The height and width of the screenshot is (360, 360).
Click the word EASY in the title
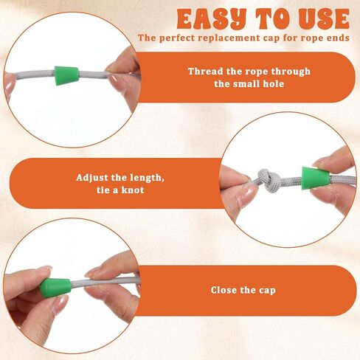212,19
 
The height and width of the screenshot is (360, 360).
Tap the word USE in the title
324,19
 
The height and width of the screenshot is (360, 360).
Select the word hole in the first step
274,84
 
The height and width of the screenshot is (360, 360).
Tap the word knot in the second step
133,190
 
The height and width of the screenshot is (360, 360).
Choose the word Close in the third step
224,290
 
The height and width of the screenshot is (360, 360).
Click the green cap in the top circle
66,75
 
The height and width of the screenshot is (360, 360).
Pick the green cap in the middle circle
315,179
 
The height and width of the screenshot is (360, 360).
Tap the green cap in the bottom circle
55,288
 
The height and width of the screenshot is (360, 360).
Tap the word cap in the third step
267,291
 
